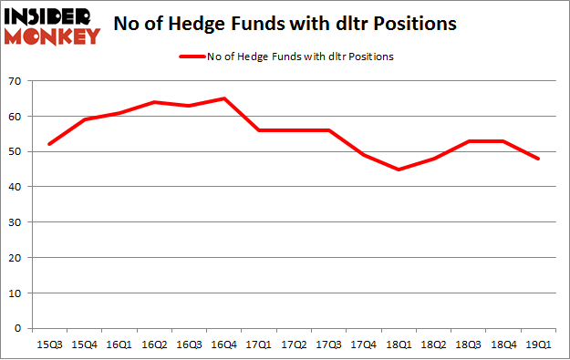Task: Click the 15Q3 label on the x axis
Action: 49,345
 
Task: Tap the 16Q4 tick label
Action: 223,345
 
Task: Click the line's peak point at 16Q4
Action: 223,98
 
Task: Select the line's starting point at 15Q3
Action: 49,144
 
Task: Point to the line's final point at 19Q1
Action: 538,159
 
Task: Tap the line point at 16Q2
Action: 154,102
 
